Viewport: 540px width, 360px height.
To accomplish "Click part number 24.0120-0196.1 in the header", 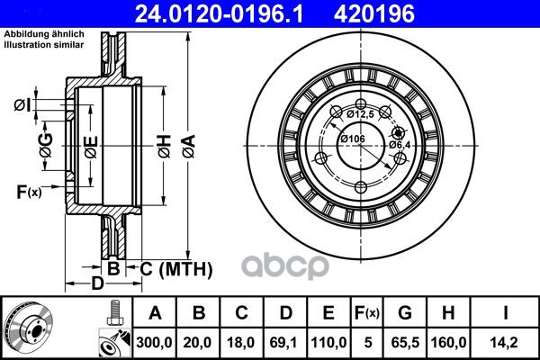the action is pos(219,14).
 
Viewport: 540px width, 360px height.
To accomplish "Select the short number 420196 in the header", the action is pos(374,14).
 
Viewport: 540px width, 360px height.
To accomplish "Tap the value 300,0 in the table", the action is pos(154,342).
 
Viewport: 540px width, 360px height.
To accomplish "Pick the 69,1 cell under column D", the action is pos(284,342).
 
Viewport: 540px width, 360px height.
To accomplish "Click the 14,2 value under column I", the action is pos(505,342).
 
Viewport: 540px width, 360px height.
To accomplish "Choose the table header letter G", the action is pos(405,313).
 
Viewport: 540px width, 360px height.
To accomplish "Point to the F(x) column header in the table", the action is pos(367,313).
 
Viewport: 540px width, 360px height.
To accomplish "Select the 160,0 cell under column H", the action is pos(448,342).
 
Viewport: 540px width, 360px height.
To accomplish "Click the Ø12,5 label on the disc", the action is pos(360,114).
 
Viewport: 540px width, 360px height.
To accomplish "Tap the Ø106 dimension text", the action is pos(353,139).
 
